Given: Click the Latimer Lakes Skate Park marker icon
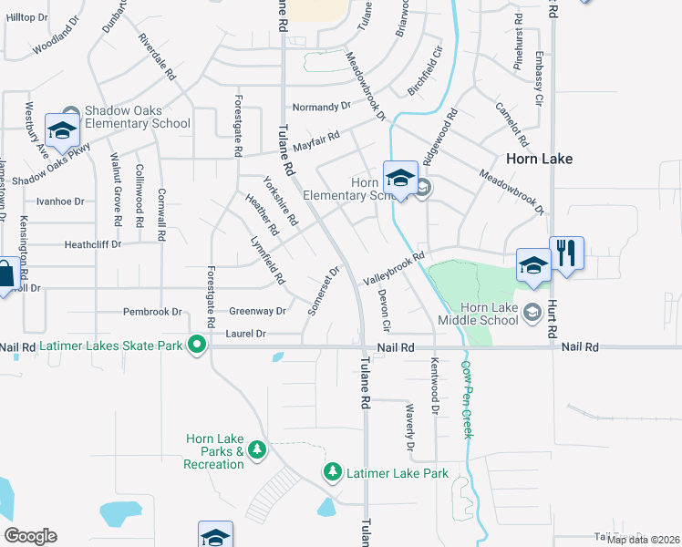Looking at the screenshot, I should [196, 345].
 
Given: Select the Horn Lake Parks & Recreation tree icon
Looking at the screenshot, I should [257, 449].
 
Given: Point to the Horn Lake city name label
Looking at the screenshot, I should [540, 159].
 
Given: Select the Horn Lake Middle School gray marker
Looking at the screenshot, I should [531, 313].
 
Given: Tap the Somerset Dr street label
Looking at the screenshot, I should [324, 291].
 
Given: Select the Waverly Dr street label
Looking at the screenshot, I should [410, 428].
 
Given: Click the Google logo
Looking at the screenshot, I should [30, 535].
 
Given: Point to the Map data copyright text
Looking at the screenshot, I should [644, 540].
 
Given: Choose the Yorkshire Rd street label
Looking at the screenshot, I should [280, 201].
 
